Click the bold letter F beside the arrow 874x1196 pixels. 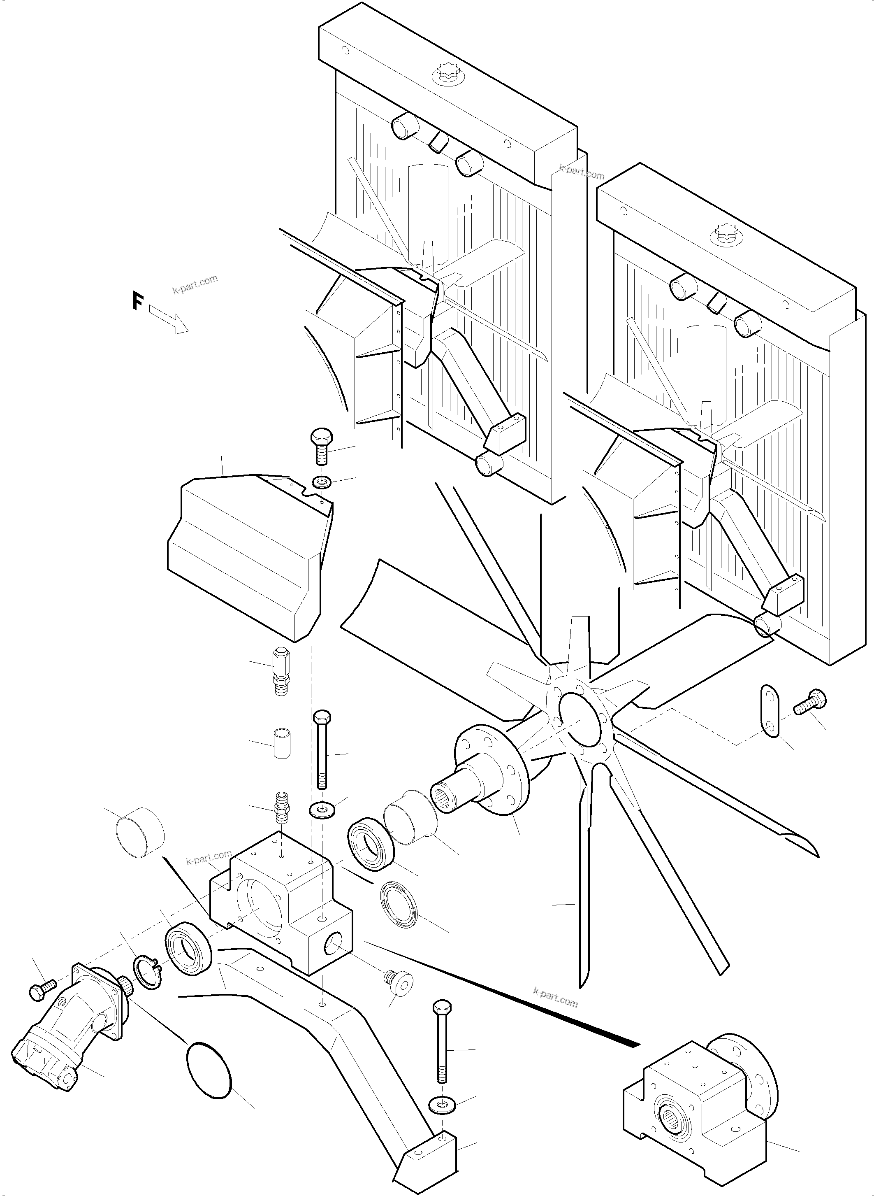point(137,300)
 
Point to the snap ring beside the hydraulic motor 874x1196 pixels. point(148,972)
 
